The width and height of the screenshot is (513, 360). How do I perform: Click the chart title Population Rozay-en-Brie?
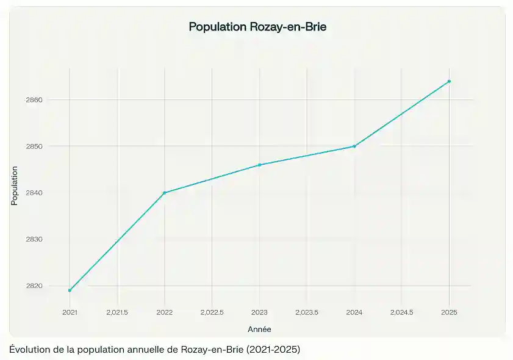click(257, 27)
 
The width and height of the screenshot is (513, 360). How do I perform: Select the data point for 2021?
click(70, 290)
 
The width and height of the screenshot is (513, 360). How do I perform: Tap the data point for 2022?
click(165, 193)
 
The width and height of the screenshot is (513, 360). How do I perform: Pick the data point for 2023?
click(260, 165)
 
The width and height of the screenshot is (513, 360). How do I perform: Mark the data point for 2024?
click(354, 146)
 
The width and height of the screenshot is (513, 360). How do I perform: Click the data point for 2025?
click(450, 81)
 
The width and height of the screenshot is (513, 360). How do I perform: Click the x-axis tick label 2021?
click(70, 312)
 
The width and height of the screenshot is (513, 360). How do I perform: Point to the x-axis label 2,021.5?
click(117, 312)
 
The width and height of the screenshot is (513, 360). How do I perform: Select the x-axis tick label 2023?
click(260, 312)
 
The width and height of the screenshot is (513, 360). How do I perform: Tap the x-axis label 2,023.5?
click(307, 312)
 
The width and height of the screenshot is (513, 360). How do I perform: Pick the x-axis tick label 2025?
click(450, 312)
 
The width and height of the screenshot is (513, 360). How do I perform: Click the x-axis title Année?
click(259, 329)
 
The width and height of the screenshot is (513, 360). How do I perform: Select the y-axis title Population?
click(15, 185)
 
